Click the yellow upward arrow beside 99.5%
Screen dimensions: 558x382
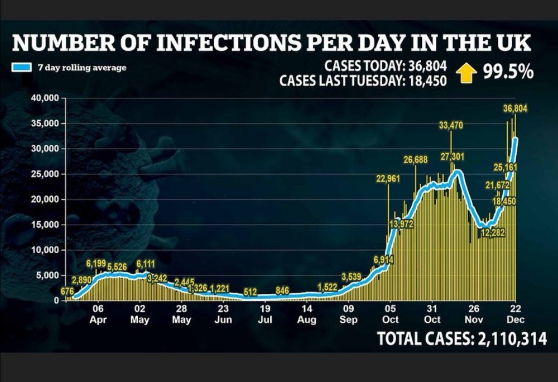[466, 73]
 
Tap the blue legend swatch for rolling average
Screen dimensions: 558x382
[21, 67]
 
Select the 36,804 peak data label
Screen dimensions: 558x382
[515, 108]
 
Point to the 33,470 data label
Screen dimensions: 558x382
[451, 125]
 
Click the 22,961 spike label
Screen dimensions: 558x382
[388, 179]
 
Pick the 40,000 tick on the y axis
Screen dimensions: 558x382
[46, 98]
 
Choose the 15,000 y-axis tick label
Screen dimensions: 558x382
[46, 225]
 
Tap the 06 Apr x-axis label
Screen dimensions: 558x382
[98, 314]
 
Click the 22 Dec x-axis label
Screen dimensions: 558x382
[516, 314]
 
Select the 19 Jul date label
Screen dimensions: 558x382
[265, 314]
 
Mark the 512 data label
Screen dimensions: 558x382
[250, 292]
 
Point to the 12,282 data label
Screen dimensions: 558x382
[493, 233]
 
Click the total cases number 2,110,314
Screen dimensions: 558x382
[512, 338]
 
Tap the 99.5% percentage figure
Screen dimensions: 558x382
[508, 72]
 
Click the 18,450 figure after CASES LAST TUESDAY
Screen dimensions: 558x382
[427, 81]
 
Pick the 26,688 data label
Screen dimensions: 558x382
[415, 160]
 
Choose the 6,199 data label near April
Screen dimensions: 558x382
[96, 264]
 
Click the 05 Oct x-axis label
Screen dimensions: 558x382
[391, 314]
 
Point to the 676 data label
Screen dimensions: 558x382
[68, 291]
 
